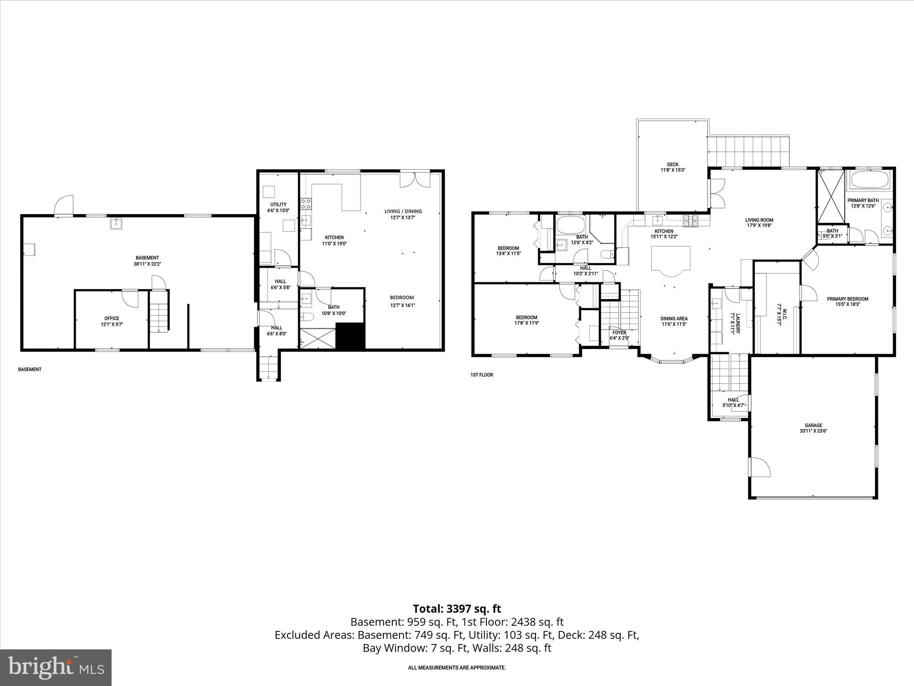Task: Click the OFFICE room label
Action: point(112,318)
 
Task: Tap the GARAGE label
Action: point(813,426)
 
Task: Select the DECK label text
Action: point(673,164)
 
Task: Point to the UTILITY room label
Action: point(278,205)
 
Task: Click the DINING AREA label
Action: point(674,319)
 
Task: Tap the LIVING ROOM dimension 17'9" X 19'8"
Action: point(759,226)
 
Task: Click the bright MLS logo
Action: point(56,667)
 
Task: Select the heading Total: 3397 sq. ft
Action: point(457,609)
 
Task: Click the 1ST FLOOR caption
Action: point(482,375)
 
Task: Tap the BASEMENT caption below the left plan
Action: point(29,369)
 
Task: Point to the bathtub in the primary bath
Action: point(870,181)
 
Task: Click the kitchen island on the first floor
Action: point(670,259)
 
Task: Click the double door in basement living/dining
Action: point(415,180)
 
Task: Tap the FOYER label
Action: point(619,333)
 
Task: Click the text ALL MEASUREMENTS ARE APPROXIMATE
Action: point(457,668)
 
